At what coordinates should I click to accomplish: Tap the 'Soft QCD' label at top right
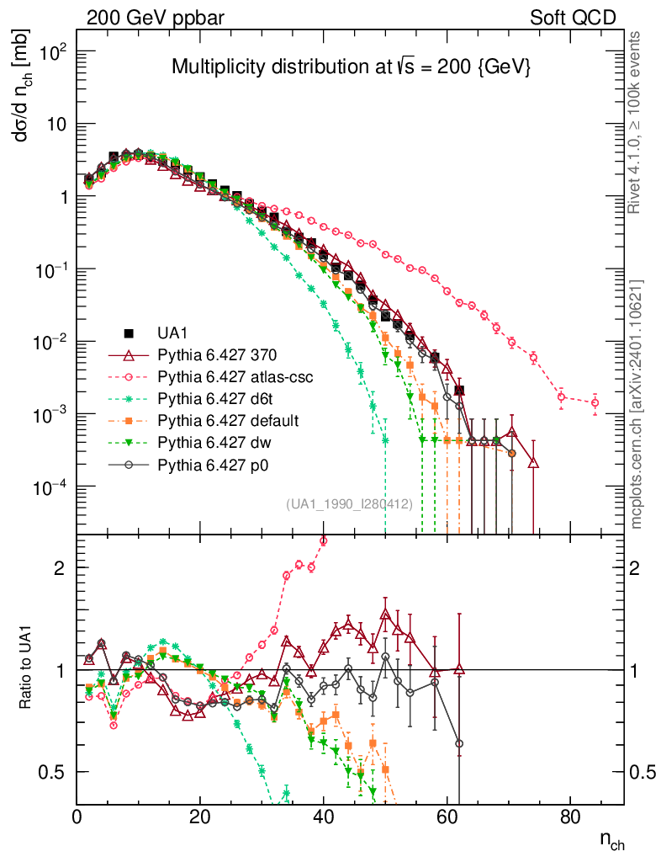click(x=574, y=18)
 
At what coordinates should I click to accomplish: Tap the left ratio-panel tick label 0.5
click(x=56, y=772)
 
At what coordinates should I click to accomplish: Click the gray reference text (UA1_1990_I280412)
click(x=348, y=504)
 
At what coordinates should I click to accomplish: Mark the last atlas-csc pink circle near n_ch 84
click(x=595, y=403)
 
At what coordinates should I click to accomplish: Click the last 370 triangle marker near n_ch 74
click(x=533, y=462)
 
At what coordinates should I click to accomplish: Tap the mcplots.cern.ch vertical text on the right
click(x=638, y=404)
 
